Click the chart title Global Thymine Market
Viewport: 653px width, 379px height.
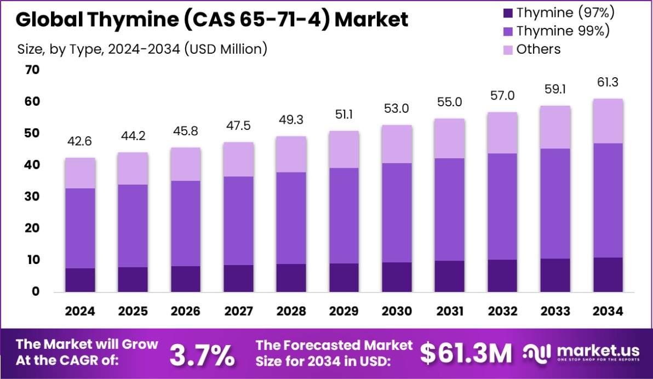point(212,20)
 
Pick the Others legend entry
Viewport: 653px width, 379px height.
point(539,49)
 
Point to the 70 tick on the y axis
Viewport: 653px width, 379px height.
point(32,70)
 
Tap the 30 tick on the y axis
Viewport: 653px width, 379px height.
point(32,196)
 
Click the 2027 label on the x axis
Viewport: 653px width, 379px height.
point(239,312)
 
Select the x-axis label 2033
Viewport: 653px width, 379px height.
point(555,312)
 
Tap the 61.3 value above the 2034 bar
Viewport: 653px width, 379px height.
point(608,82)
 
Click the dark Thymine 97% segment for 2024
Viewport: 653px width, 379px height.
point(80,280)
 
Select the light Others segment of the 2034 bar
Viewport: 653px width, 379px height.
point(608,121)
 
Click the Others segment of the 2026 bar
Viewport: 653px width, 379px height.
point(186,164)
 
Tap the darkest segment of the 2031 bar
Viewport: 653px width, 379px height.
point(450,276)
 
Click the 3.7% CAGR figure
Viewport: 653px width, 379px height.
point(202,355)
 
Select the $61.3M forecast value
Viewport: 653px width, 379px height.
point(466,354)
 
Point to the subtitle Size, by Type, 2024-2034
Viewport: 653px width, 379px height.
point(142,49)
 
